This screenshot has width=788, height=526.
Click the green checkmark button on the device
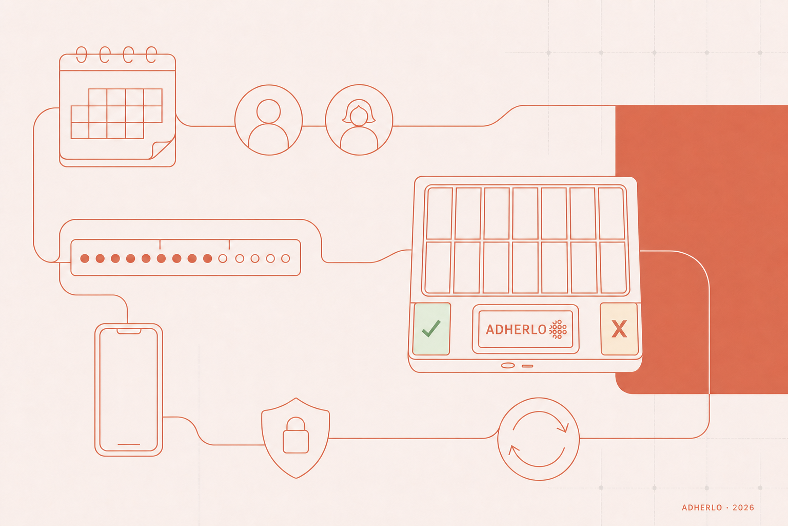[x=431, y=329]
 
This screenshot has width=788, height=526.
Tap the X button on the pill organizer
[x=619, y=329]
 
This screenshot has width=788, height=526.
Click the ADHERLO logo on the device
[x=526, y=329]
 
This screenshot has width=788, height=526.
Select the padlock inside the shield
[x=296, y=435]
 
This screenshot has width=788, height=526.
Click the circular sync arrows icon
[x=539, y=439]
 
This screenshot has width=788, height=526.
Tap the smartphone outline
[x=129, y=390]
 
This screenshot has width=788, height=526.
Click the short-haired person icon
[x=268, y=120]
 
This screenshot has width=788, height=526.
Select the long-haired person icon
[x=359, y=120]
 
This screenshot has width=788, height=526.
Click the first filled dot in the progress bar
[x=85, y=258]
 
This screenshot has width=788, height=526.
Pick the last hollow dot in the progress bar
[x=286, y=258]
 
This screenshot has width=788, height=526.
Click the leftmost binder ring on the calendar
[x=82, y=54]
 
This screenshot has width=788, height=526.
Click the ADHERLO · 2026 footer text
[x=718, y=508]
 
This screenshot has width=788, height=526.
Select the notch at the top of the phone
[x=129, y=331]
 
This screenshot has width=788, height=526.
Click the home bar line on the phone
[x=129, y=444]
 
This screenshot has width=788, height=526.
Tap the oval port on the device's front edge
[x=507, y=365]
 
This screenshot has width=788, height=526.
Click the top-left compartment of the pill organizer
[x=439, y=214]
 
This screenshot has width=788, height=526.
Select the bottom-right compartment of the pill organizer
[x=613, y=268]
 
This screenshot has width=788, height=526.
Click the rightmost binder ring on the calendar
[x=151, y=54]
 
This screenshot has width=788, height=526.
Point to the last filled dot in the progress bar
[x=208, y=258]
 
